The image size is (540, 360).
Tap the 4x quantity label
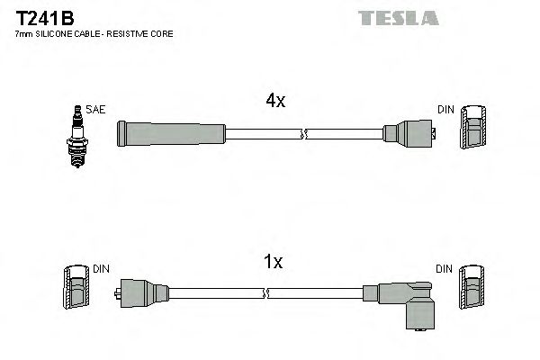(275, 102)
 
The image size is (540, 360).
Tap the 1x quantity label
(274, 262)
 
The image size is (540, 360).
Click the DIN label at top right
(445, 109)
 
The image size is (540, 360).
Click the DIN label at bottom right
(445, 269)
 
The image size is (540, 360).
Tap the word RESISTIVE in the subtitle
(133, 33)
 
